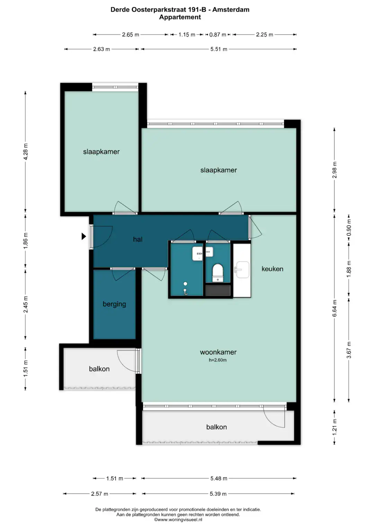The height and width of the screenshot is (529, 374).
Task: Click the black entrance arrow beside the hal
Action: click(84, 236)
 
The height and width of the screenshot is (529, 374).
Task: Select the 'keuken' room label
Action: click(272, 269)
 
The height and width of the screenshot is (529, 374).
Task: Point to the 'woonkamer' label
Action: click(218, 352)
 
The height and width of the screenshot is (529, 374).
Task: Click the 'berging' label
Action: click(114, 304)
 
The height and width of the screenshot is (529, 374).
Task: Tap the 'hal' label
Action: click(138, 239)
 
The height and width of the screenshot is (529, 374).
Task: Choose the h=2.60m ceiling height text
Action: click(217, 360)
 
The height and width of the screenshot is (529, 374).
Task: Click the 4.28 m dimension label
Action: click(26, 152)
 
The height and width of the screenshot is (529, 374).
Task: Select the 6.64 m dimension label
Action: click(335, 308)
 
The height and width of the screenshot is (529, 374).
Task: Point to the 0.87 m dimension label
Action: click(218, 35)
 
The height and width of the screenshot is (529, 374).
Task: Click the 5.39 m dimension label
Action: click(218, 494)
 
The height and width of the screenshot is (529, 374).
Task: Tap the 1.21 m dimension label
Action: click(335, 427)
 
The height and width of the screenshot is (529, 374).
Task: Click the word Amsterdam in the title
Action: click(231, 10)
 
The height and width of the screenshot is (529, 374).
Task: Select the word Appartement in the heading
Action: click(180, 17)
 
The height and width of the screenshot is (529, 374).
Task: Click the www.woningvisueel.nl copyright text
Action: click(178, 520)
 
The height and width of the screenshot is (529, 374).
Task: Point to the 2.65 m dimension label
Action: click(130, 35)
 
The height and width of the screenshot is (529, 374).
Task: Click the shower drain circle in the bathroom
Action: click(185, 284)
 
